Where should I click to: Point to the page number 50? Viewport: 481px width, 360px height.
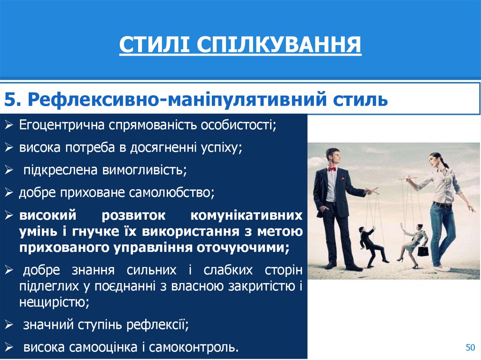click(470, 347)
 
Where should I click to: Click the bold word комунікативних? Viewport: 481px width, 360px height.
click(246, 215)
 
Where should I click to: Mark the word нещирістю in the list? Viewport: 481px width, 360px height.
click(54, 302)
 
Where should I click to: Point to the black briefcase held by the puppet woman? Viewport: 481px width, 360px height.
click(423, 251)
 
